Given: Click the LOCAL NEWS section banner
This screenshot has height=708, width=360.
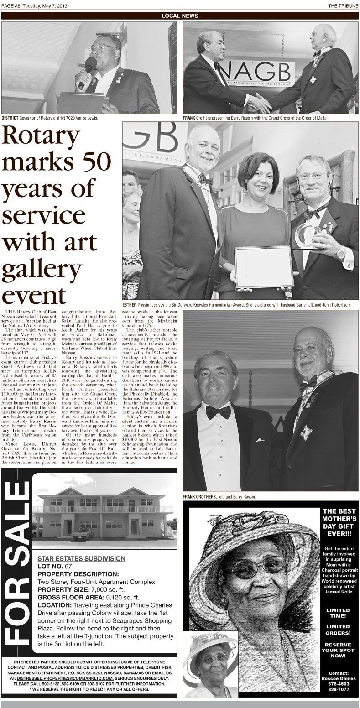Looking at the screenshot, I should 180,16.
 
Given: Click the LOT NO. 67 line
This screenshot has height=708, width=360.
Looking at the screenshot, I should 54,566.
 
